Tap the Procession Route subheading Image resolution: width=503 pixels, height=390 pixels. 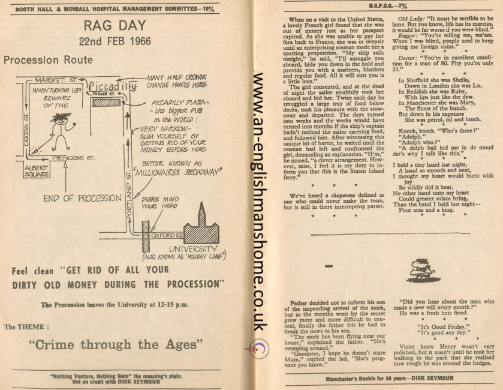[48, 60]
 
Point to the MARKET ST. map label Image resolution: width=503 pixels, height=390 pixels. [55, 80]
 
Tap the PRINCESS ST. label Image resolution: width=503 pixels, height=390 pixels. [72, 158]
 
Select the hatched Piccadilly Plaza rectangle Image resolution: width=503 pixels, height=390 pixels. [106, 103]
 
